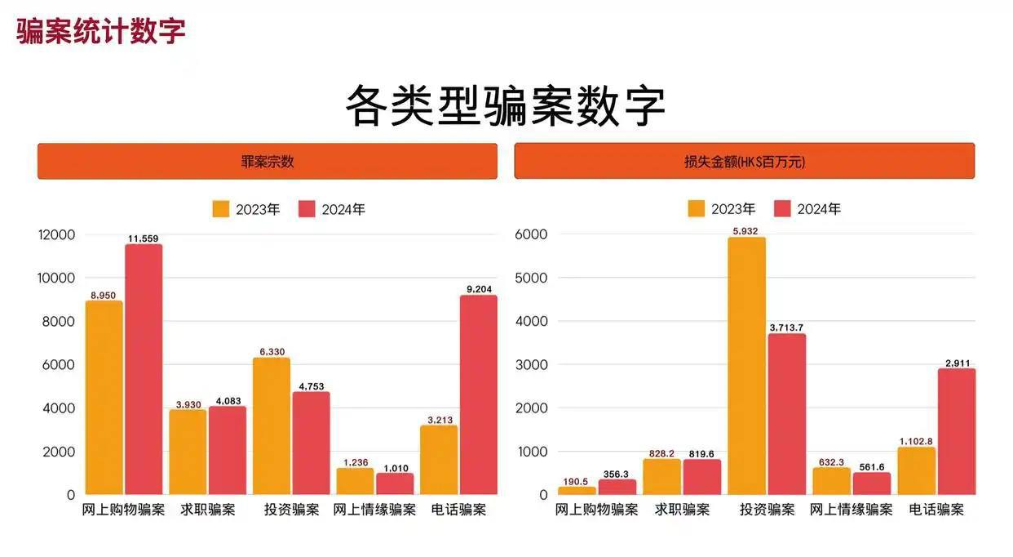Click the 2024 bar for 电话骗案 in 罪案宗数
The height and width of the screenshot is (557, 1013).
[478, 394]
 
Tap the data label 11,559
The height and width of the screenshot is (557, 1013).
[144, 238]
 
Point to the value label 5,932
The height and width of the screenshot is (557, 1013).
[746, 231]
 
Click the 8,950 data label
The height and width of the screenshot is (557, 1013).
[104, 295]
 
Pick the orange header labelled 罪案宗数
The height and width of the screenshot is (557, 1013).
[268, 162]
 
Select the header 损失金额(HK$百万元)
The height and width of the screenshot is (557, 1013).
[744, 162]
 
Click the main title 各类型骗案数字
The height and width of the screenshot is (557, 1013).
[506, 106]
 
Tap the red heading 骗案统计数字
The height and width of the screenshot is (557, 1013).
[101, 31]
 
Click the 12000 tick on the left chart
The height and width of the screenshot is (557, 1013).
[56, 235]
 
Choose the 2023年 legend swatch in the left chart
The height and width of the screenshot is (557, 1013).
[221, 209]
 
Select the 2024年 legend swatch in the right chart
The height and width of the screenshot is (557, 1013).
[782, 209]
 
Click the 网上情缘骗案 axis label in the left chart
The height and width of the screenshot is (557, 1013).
[374, 510]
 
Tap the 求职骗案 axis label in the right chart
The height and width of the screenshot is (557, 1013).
[682, 510]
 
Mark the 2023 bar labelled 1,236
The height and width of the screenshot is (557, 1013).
[355, 481]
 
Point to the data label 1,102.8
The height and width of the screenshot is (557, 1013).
[916, 442]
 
